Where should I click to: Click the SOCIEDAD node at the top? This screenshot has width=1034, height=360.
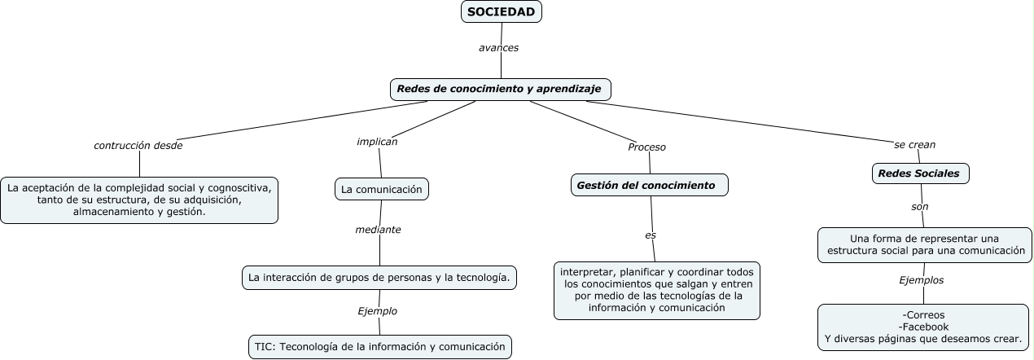[501, 11]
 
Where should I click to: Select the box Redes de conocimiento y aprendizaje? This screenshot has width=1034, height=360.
[499, 88]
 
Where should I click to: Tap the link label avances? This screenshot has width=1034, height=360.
[498, 47]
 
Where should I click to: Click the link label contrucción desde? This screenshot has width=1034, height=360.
[138, 146]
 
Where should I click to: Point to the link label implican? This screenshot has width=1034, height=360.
[377, 141]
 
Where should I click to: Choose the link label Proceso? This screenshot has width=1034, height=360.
[646, 147]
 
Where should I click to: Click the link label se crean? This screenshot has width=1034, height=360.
[914, 144]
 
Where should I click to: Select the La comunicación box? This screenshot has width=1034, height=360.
[381, 189]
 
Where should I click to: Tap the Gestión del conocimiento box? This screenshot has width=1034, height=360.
[649, 186]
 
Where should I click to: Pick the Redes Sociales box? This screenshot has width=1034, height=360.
[920, 173]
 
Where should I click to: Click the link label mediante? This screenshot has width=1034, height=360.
[378, 230]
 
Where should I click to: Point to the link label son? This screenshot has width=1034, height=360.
[919, 207]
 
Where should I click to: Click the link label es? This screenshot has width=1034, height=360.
[651, 235]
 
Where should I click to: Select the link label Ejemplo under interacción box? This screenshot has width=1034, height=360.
[377, 311]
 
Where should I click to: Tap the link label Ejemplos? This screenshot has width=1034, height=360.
[921, 279]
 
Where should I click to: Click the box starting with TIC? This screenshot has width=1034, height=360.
[379, 346]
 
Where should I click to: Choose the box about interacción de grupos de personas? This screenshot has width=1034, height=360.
[379, 277]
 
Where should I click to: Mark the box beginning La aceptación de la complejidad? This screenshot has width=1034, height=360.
[139, 200]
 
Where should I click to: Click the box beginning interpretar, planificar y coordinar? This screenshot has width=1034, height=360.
[656, 290]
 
